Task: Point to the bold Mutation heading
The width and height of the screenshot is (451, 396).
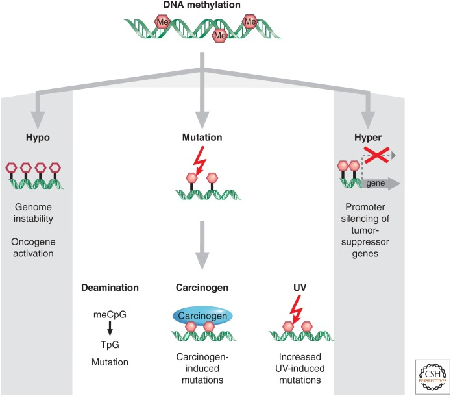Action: [203, 138]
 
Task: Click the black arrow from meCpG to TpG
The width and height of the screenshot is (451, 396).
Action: [110, 327]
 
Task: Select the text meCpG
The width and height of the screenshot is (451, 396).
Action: [110, 314]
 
